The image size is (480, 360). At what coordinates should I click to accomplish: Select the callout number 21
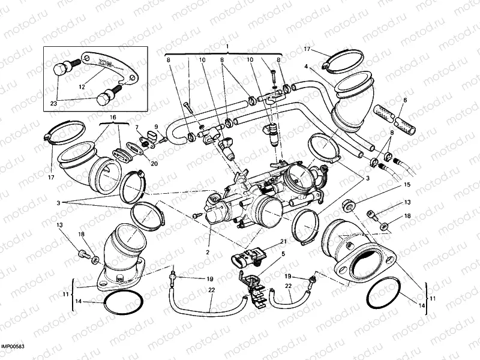[284, 242]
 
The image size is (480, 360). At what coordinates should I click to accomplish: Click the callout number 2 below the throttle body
[208, 253]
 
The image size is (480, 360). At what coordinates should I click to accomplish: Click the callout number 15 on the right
[407, 185]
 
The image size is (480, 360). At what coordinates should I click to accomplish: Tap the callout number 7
[137, 127]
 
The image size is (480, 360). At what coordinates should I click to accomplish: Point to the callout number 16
[113, 117]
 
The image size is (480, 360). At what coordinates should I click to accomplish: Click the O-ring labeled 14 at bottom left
[124, 301]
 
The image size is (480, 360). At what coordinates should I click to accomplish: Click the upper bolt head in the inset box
[60, 69]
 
